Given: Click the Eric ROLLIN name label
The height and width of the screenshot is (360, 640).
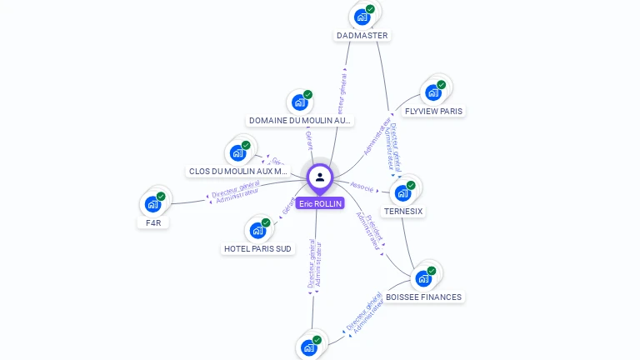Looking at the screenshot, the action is tap(320, 203).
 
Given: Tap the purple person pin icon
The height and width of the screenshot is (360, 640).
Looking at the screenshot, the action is tap(320, 177).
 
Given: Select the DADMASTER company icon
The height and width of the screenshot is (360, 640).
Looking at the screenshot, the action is tap(362, 16).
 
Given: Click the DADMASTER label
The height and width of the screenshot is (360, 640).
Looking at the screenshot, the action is tap(362, 36).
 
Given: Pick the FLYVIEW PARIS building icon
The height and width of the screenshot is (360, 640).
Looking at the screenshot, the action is tap(433, 92).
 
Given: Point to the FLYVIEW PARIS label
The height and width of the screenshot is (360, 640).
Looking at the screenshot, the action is tap(433, 111).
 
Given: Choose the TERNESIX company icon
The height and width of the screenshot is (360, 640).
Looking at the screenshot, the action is tap(404, 192).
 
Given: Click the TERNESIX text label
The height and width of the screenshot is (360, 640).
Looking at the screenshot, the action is tap(404, 212).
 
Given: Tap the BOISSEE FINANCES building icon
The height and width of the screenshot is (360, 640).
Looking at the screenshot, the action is tap(424, 277).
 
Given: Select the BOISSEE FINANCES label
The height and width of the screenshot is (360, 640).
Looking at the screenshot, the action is tap(424, 297).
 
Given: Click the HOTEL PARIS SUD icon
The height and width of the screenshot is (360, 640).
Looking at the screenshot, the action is tap(258, 229).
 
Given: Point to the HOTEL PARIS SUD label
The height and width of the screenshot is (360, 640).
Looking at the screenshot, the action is tap(258, 248).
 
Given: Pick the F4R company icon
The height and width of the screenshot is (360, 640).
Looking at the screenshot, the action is tap(153, 203).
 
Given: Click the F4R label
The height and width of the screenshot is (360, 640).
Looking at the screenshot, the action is tap(153, 222).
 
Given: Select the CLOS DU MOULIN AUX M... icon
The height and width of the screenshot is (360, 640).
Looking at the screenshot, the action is tap(238, 152).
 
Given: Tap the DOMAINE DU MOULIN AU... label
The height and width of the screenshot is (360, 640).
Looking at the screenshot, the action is tap(301, 121).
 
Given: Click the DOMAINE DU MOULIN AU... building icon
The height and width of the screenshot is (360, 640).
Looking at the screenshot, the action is tap(300, 102).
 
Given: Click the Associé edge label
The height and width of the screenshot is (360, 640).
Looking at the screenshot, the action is tap(362, 187).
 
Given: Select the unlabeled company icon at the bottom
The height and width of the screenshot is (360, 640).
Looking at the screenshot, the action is tap(310, 347).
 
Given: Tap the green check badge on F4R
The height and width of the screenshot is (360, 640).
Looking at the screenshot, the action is tap(161, 197).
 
